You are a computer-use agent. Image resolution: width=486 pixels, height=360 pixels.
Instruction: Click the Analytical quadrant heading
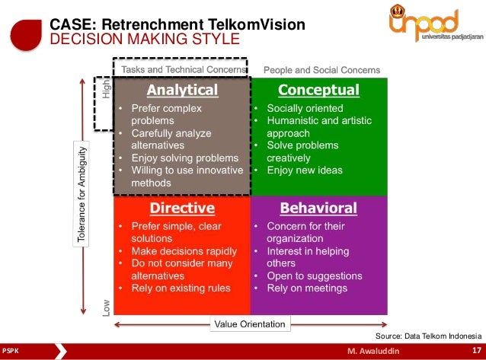click(182, 90)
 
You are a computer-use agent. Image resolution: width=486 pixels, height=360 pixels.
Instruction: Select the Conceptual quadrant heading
click(318, 90)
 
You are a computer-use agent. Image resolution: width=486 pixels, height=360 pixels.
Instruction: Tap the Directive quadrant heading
click(181, 208)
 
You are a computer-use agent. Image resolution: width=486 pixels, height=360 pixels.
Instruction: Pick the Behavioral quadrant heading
click(318, 208)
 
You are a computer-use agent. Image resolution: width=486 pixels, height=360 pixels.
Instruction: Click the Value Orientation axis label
click(250, 324)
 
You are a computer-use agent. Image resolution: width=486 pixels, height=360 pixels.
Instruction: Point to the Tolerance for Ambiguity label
click(82, 194)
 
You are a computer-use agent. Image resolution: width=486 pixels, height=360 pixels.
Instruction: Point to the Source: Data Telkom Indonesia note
click(429, 336)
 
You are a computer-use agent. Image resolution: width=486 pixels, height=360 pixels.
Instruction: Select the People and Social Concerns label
click(321, 70)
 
